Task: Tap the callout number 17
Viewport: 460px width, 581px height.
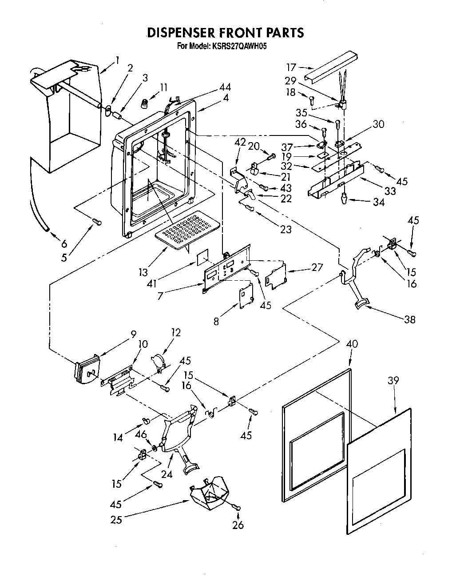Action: tap(291, 68)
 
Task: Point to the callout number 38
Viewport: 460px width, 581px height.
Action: tap(409, 319)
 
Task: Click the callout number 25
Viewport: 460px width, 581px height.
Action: tap(116, 519)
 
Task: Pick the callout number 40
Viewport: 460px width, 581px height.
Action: tap(352, 344)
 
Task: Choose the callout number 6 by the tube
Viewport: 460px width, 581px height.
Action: tap(64, 244)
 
